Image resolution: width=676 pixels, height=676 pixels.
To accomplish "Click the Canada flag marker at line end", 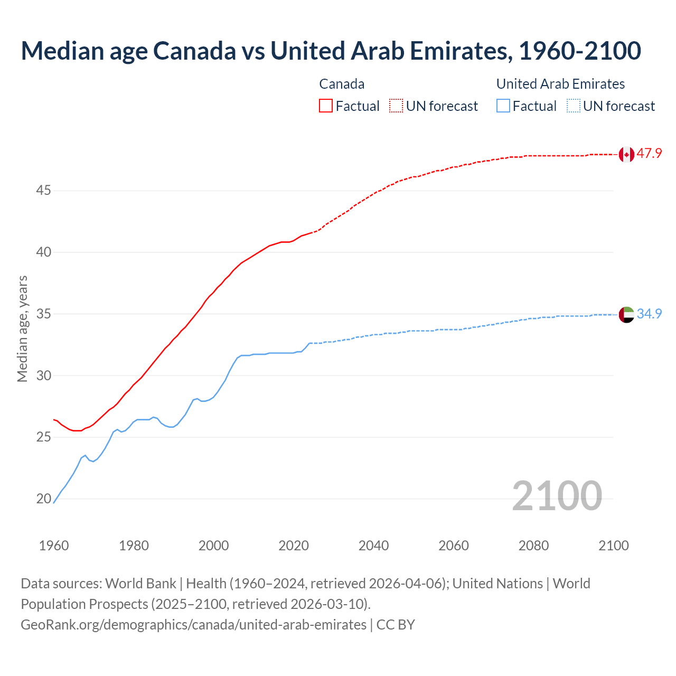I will tap(626, 154).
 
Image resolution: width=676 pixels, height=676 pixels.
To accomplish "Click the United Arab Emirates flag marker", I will tap(626, 314).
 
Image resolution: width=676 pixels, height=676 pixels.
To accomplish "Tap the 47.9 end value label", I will tap(649, 154).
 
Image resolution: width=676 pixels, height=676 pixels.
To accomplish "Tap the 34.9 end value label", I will tap(649, 314).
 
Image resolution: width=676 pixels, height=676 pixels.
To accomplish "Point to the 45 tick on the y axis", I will tap(43, 190).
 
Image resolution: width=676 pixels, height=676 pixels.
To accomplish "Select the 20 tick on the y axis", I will tap(43, 499).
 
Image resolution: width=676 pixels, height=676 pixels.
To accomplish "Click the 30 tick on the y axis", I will tap(43, 375).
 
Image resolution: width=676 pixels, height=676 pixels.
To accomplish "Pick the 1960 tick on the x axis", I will tap(54, 546).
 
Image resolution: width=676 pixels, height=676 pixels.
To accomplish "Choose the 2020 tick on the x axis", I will tap(294, 546).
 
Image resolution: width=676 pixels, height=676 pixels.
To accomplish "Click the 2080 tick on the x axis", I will tap(533, 546).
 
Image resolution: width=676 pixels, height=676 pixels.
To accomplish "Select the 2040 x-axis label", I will tap(373, 546).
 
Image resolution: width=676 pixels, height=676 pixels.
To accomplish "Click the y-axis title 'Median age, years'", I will tap(22, 328).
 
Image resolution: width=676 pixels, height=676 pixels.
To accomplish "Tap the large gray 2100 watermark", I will tap(557, 495).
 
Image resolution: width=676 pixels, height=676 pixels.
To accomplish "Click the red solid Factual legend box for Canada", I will tap(326, 106).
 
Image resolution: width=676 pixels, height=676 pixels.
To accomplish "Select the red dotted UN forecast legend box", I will tap(396, 106).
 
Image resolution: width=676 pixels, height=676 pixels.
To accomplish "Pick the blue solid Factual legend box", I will tap(503, 106).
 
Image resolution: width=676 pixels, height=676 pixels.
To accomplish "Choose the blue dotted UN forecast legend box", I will tap(574, 106).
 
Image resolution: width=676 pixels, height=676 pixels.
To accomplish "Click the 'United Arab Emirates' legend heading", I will tap(560, 84).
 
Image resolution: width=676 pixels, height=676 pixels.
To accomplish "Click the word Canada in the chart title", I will tap(195, 51).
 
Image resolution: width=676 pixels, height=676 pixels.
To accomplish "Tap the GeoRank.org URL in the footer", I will tap(193, 625).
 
